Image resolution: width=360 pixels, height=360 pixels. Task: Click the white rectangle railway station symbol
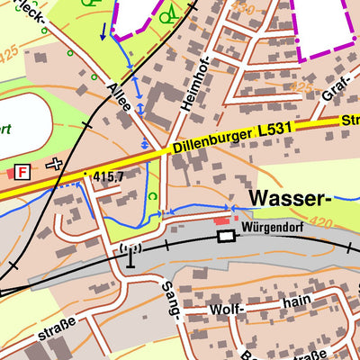point(225,236)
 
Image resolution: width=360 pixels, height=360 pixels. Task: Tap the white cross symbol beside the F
point(55,164)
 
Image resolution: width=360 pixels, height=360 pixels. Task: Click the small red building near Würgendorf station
point(220,220)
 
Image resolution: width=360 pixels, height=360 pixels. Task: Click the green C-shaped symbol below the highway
point(152,196)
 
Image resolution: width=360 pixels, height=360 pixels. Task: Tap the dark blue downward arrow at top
point(103,32)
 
